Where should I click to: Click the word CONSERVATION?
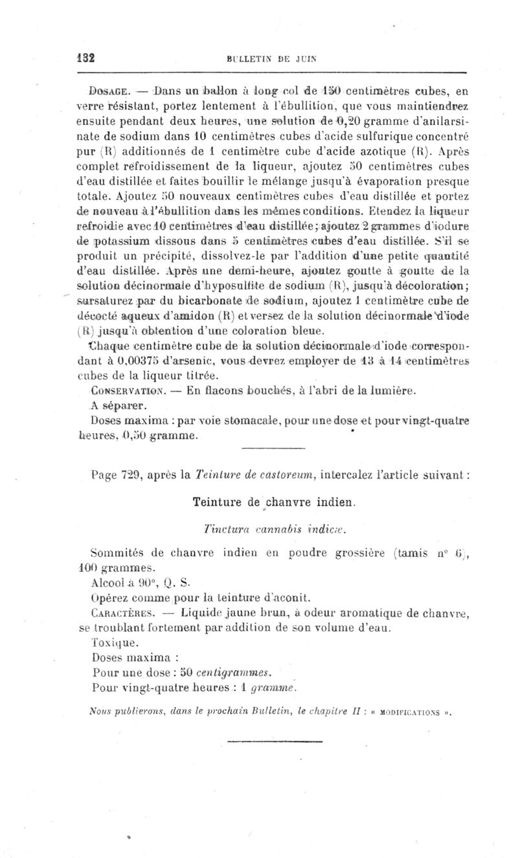[128, 390]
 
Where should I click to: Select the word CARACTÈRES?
[122, 612]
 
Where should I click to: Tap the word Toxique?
[111, 643]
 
